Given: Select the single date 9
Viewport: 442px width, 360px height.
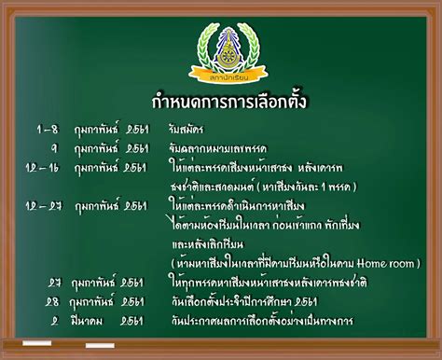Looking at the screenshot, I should pos(54,147).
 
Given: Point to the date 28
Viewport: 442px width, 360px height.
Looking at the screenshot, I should pos(54,301).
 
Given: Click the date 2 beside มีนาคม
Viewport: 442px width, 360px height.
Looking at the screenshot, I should pos(54,320).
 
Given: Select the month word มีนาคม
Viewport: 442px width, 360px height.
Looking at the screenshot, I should pos(92,320).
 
